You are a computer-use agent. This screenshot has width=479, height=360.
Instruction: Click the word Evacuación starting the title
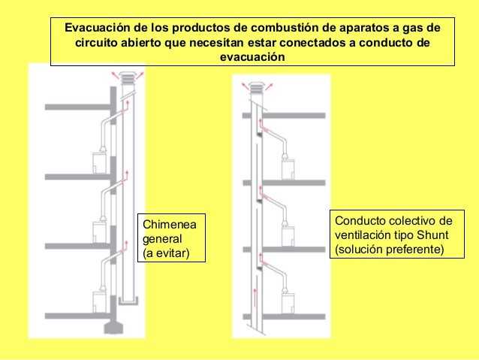click(96, 28)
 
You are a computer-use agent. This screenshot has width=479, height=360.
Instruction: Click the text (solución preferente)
click(390, 249)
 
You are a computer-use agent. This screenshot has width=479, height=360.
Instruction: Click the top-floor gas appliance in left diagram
click(98, 162)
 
